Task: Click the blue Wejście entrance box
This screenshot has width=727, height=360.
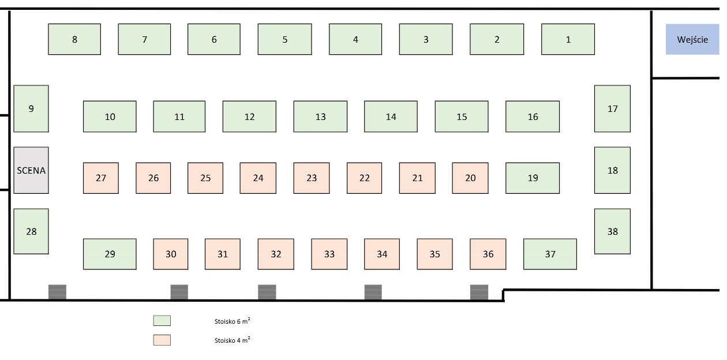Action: point(692,39)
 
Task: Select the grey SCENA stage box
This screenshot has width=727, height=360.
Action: point(31,170)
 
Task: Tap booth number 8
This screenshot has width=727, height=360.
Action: point(74,39)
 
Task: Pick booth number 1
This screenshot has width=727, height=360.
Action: point(568,39)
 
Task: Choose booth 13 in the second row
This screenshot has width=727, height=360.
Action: point(320,117)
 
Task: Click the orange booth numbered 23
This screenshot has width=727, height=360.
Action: point(312,178)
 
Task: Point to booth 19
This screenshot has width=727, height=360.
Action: point(533,178)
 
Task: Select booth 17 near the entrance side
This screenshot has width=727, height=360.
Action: point(612,108)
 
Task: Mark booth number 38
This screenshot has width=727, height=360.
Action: point(612,231)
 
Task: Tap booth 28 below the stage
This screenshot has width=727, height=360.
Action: point(31,231)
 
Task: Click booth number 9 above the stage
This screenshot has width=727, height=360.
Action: point(31,108)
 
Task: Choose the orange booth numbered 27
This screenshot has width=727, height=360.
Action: point(101,178)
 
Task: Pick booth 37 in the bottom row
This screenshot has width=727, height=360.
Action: point(550,254)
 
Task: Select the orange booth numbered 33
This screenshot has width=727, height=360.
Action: point(329,254)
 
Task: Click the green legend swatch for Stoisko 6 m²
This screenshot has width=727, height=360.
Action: point(162,321)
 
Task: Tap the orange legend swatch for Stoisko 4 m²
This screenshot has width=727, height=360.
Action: point(162,340)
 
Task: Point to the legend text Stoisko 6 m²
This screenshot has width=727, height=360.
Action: point(231,321)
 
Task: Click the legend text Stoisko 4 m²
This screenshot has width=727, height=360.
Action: point(231,340)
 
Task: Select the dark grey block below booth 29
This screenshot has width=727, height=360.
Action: point(57,292)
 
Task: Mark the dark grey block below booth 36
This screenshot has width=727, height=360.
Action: point(479,292)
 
